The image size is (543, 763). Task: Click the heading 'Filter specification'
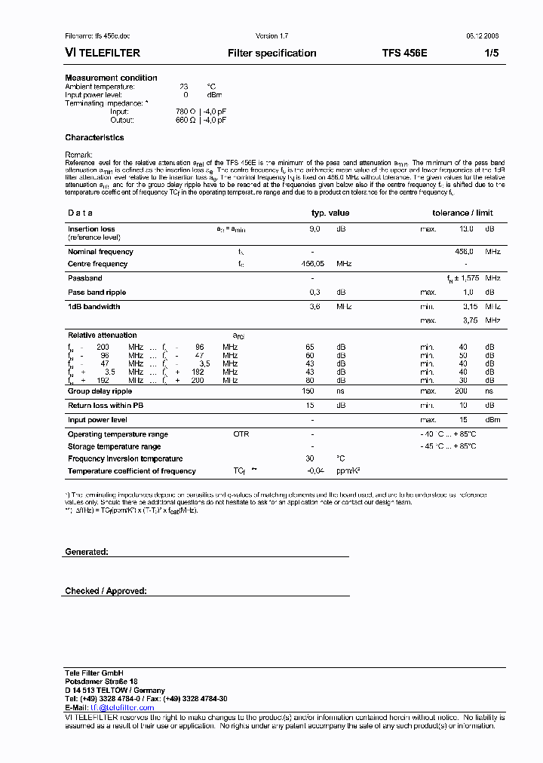[x=271, y=54]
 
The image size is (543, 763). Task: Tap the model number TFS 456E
[x=405, y=54]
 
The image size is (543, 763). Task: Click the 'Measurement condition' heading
[x=111, y=78]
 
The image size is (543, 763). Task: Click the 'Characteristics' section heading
[x=94, y=138]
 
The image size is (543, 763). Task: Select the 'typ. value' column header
[x=330, y=213]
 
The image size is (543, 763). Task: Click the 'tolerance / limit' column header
[x=462, y=213]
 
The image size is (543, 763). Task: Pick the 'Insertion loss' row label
[x=91, y=228]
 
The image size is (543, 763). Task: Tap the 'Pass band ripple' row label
[x=97, y=292]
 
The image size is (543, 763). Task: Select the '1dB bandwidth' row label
[x=94, y=307]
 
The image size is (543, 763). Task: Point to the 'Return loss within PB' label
[x=106, y=406]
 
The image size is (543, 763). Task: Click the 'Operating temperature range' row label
[x=118, y=434]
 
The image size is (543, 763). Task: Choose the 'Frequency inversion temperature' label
[x=125, y=458]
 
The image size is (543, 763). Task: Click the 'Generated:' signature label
[x=87, y=552]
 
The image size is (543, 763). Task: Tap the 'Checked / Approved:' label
[x=106, y=591]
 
